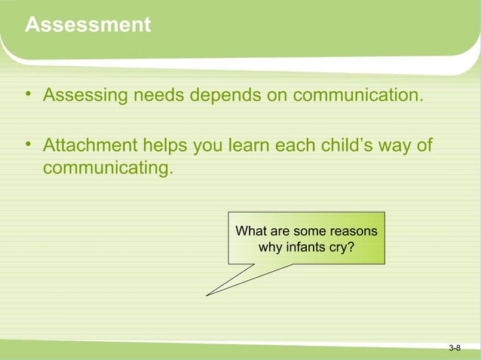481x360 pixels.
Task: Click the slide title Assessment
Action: coord(87,26)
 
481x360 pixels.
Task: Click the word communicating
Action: coord(108,166)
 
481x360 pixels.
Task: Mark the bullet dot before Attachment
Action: coord(28,144)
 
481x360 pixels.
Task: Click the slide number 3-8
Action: coord(455,348)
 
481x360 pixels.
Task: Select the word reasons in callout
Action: coord(352,230)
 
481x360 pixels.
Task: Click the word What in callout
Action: coord(250,230)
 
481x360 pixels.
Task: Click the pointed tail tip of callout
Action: coord(207,294)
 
